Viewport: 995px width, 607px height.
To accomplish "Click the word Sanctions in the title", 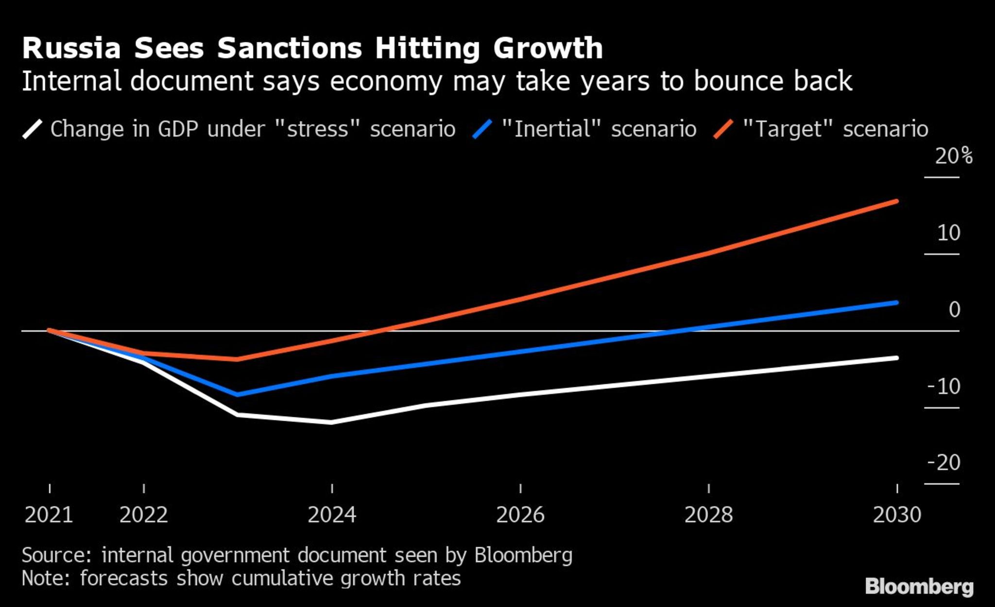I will tap(290, 49).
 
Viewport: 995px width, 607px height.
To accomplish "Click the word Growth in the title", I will tap(548, 49).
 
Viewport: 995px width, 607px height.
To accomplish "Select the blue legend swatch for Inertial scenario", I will tap(482, 129).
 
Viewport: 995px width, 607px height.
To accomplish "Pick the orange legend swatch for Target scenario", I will tap(723, 129).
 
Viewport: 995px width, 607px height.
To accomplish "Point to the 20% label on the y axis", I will tap(953, 157).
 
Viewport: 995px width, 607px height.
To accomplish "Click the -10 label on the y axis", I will tap(944, 387).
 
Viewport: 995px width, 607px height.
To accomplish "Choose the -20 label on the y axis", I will tap(944, 463).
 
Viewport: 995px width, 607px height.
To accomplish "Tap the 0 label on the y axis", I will tap(954, 310).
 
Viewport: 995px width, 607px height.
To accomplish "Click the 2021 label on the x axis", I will tap(49, 515).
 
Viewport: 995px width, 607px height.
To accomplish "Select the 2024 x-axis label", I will tap(332, 515).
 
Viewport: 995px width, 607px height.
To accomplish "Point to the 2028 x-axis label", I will tap(708, 515).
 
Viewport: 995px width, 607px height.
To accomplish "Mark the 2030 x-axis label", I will tap(897, 515).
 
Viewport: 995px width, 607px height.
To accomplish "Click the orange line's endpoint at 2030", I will tap(896, 201).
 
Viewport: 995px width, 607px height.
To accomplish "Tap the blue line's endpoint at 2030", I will tap(896, 303).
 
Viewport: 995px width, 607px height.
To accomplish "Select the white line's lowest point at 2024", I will tap(332, 422).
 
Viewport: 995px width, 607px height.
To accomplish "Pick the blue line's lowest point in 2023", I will tap(238, 394).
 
